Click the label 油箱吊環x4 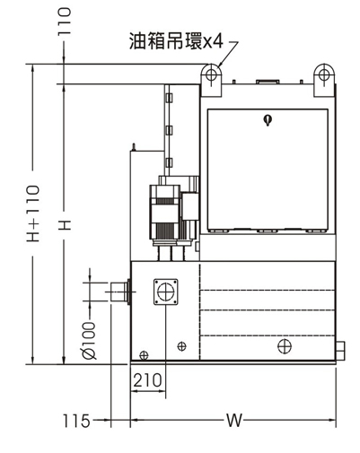176,40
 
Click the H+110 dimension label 33,213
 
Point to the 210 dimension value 147,380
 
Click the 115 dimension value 76,421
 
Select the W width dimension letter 233,421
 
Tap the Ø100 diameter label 89,341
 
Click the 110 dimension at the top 65,22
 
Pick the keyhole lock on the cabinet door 268,120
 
